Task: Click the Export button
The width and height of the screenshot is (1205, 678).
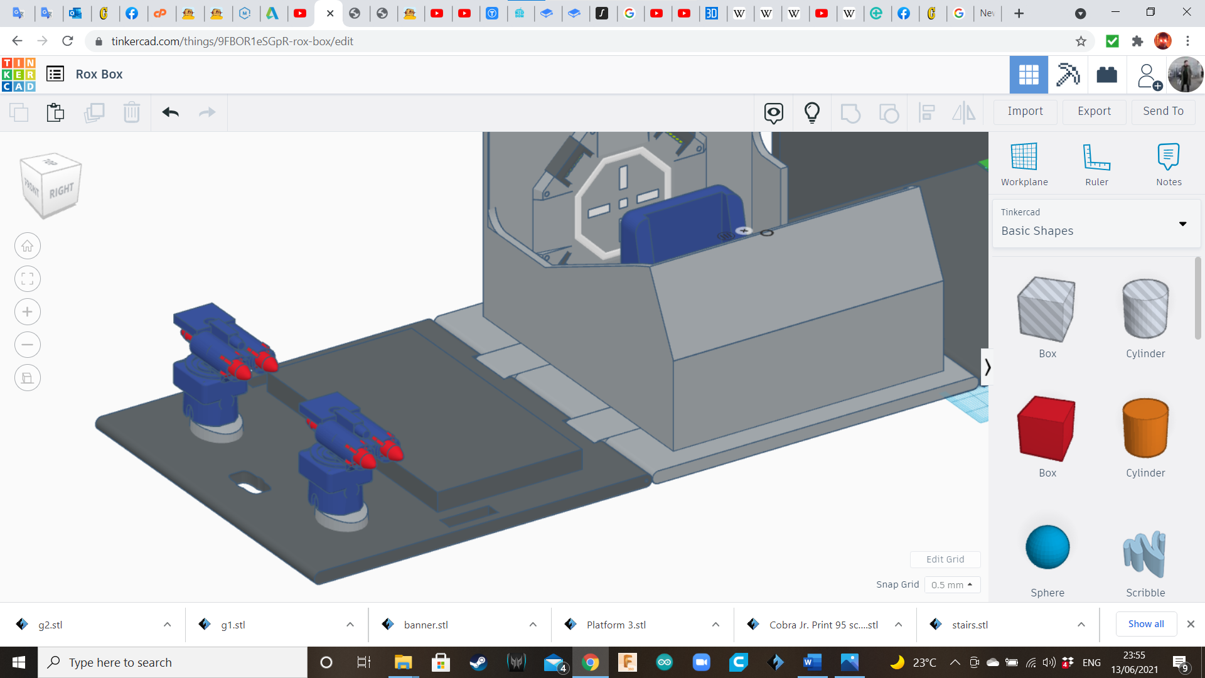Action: click(x=1094, y=111)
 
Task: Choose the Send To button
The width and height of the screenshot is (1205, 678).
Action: click(x=1163, y=111)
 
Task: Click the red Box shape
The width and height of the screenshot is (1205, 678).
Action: click(x=1047, y=429)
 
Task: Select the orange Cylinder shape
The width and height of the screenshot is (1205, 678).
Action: click(x=1145, y=428)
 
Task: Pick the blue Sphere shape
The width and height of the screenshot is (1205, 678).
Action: click(x=1047, y=547)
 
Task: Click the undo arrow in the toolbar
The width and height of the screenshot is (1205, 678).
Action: click(x=170, y=112)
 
